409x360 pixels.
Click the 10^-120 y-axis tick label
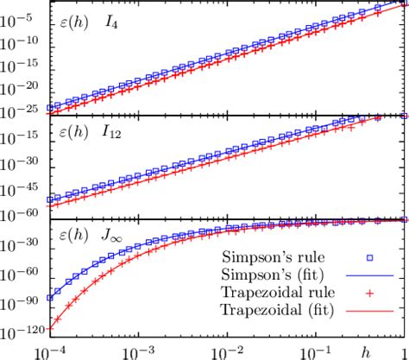tap(19, 329)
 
